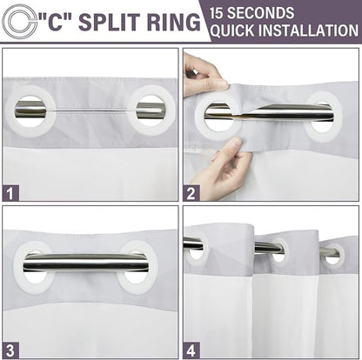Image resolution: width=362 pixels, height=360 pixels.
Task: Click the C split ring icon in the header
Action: tap(9, 22)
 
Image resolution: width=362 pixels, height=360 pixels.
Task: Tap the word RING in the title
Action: tap(174, 22)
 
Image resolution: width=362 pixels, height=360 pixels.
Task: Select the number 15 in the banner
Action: tap(217, 13)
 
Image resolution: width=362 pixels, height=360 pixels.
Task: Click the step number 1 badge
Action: tap(10, 193)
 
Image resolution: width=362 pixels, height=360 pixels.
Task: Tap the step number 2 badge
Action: tap(191, 193)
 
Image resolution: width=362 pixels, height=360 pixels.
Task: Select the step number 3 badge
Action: tap(10, 350)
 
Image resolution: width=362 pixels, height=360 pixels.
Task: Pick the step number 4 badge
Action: tap(191, 350)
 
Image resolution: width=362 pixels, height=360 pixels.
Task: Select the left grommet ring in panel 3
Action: tap(19, 268)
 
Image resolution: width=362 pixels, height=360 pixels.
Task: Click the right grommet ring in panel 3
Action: tap(122, 268)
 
